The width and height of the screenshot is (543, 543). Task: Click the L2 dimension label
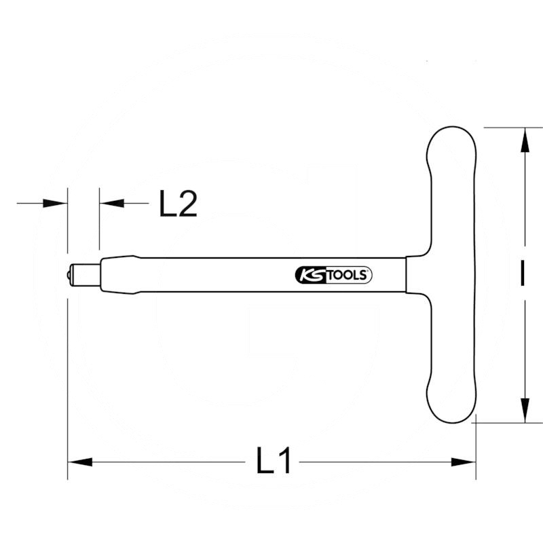click(178, 204)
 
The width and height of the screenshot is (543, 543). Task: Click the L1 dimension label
click(274, 462)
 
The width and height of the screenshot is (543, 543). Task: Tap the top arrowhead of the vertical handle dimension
click(523, 140)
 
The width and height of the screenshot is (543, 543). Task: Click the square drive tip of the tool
click(85, 274)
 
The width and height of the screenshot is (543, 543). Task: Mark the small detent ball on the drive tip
click(70, 274)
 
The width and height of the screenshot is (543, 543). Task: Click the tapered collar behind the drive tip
click(119, 274)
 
